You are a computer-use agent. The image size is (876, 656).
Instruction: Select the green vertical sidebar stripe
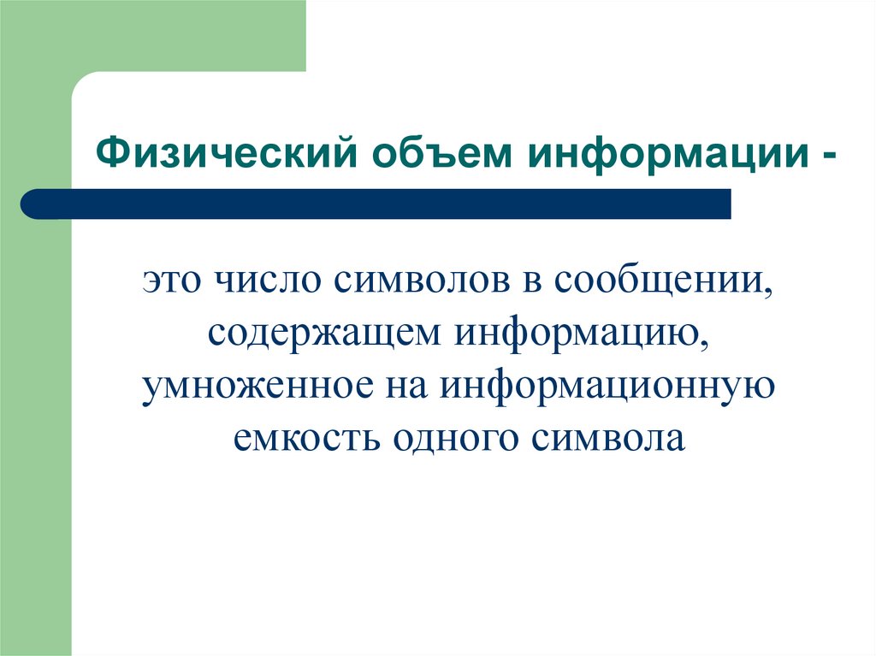click(x=35, y=428)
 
